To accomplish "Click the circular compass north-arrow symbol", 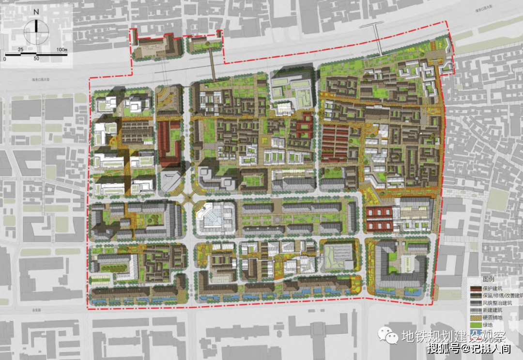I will [x=37, y=31].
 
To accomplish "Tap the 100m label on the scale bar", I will [x=61, y=50].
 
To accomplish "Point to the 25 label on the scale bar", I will [x=21, y=50].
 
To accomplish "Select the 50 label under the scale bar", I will [x=36, y=59].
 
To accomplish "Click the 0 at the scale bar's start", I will [x=4, y=59].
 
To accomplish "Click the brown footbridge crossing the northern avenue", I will [x=212, y=66].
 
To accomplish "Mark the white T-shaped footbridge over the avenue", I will [x=378, y=39].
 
